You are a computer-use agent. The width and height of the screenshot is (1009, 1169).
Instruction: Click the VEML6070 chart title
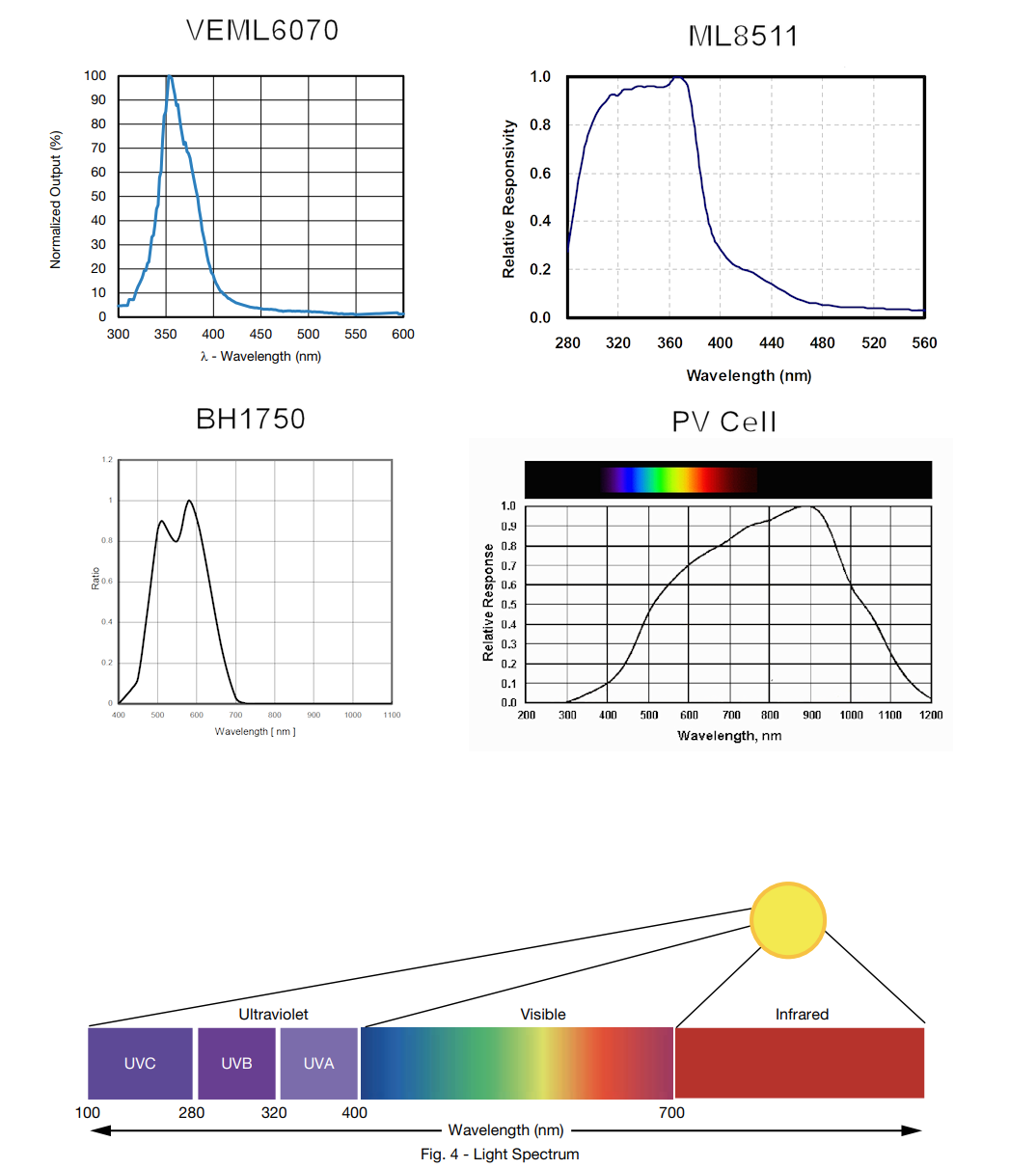[x=262, y=31]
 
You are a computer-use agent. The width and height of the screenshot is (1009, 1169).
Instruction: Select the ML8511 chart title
[x=743, y=37]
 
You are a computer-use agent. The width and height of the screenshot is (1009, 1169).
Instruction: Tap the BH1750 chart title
[x=251, y=419]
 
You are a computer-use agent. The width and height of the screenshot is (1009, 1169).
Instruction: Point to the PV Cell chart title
[x=724, y=421]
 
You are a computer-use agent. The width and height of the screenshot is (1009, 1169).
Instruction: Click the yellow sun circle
[x=788, y=920]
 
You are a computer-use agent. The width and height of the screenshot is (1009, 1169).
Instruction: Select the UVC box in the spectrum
[x=140, y=1063]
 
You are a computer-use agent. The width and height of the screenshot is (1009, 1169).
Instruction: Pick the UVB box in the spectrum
[x=236, y=1063]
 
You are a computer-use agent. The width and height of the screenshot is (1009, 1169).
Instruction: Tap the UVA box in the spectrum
[x=318, y=1063]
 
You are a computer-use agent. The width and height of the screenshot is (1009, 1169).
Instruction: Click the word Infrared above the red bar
[x=802, y=1014]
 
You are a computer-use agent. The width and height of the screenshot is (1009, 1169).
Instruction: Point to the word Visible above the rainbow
[x=543, y=1014]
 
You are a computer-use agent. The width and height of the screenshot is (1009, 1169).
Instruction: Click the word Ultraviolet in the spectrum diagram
[x=274, y=1014]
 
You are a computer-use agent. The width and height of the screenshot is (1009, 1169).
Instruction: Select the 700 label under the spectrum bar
[x=671, y=1112]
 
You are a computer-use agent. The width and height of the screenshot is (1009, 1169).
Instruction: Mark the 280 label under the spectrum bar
[x=192, y=1112]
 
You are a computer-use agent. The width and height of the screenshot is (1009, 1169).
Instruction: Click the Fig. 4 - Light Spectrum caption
[x=500, y=1154]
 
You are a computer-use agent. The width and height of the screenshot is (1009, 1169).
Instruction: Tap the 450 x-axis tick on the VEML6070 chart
[x=260, y=334]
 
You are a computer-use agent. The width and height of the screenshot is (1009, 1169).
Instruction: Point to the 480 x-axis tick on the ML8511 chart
[x=822, y=342]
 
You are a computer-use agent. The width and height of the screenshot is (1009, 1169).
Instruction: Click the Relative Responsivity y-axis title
[x=509, y=199]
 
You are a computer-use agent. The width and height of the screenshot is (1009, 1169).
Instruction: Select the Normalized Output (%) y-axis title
[x=55, y=199]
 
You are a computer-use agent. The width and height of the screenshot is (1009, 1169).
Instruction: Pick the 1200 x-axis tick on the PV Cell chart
[x=931, y=715]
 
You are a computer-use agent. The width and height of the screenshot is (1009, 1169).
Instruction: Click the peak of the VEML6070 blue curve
[x=169, y=76]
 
